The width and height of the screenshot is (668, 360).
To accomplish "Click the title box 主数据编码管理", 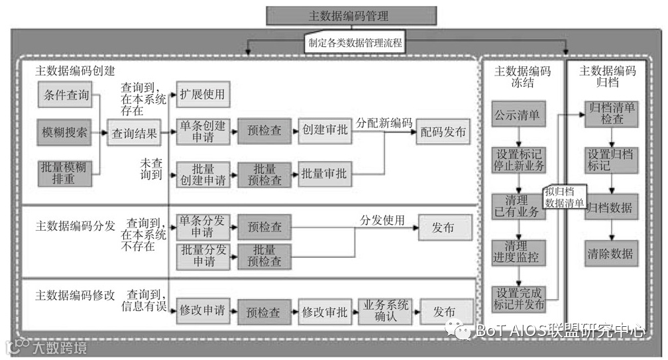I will [x=351, y=16].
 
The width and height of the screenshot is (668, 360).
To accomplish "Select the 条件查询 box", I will [x=66, y=95].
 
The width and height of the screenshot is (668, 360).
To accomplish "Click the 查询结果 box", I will [x=134, y=133].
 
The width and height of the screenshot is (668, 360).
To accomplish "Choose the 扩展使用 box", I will [x=202, y=95].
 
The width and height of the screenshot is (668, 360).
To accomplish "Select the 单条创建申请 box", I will [x=202, y=131].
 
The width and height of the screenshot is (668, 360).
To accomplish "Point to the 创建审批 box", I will [x=323, y=131].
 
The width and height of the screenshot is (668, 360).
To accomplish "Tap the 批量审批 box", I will [x=323, y=174].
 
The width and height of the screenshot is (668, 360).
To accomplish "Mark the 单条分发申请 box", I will [x=202, y=227].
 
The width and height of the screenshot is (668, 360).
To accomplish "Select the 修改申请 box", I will [x=202, y=310].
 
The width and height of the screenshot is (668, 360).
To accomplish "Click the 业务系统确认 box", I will [x=386, y=310].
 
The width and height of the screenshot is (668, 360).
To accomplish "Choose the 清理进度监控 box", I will [x=518, y=252].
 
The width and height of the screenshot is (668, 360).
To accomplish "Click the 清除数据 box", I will [x=611, y=253].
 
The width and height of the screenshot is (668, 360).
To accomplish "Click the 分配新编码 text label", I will [x=384, y=123].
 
